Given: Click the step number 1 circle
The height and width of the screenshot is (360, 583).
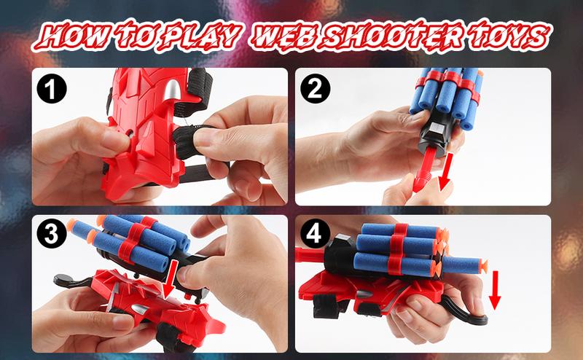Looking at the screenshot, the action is point(52,89).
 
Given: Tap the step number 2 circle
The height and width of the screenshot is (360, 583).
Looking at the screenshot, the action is point(316,88).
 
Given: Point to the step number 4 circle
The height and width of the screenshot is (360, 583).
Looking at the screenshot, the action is point(315,233).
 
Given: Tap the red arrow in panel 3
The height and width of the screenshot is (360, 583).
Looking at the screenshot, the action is point(170,279).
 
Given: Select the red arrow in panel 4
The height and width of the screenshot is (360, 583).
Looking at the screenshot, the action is point(495,290).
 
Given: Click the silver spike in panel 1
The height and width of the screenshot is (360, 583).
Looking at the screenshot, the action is point(171,90).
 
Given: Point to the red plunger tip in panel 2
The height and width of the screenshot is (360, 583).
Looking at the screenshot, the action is point(421,181).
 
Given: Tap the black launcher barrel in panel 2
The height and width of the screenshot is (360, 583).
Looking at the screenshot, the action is point(435,136).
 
